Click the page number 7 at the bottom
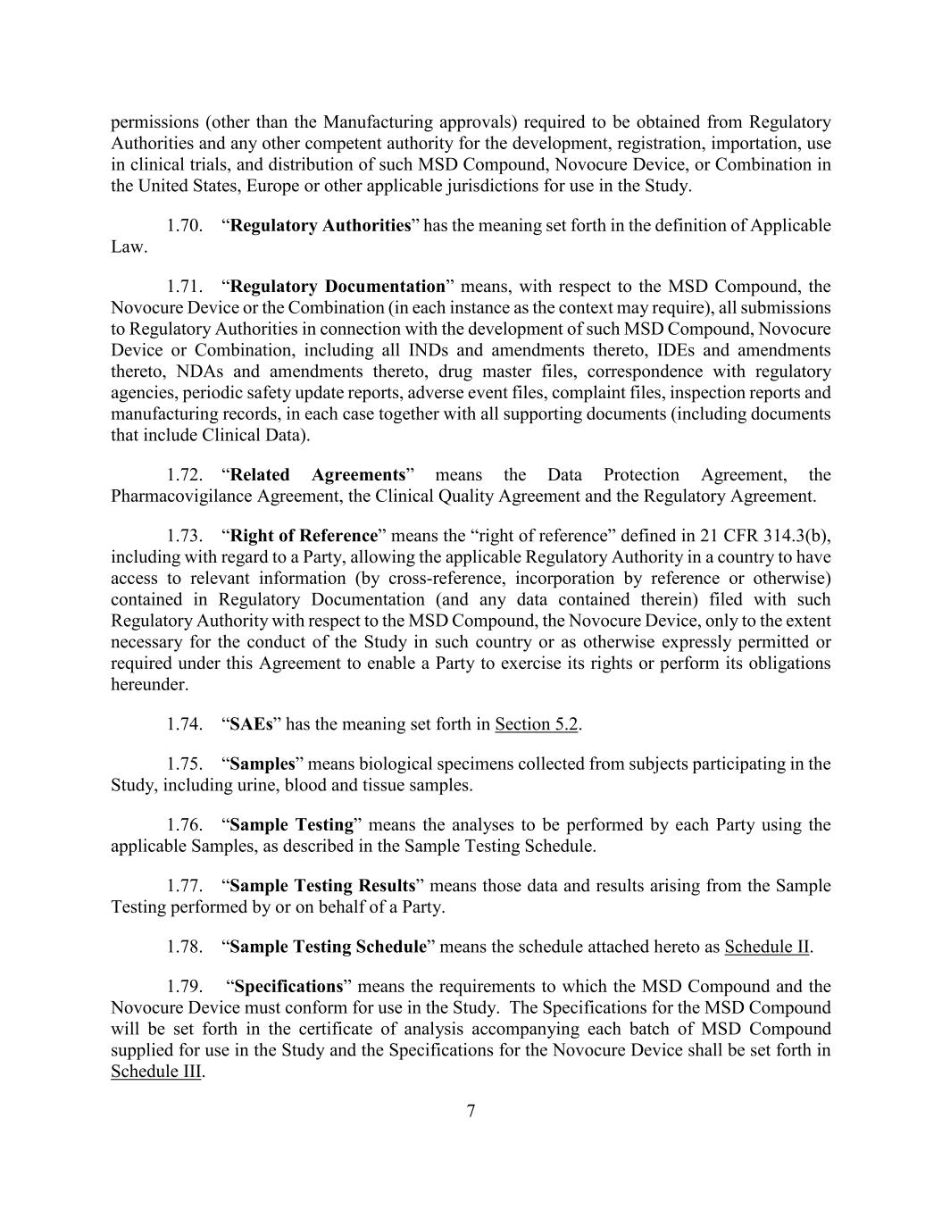[x=471, y=1111]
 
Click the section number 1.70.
[x=184, y=225]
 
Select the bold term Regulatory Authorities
[x=320, y=225]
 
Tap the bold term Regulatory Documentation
[x=338, y=287]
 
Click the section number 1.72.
[x=184, y=475]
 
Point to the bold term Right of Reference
[x=304, y=536]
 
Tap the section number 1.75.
[x=184, y=764]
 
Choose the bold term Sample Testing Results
[x=322, y=886]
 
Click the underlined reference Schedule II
[x=766, y=948]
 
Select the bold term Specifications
[x=288, y=987]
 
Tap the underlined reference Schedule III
[x=156, y=1072]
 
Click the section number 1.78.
[x=184, y=948]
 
